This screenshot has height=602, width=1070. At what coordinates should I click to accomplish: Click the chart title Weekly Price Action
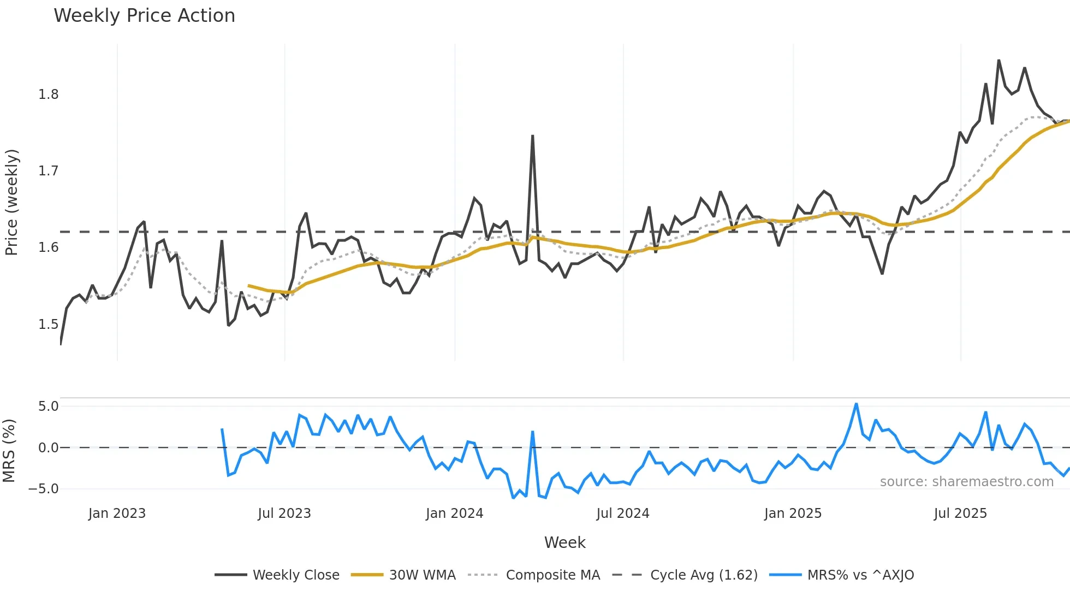pos(144,16)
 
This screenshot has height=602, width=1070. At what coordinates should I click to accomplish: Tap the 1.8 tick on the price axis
pos(48,95)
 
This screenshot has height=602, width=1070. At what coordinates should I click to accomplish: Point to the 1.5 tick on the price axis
pos(48,324)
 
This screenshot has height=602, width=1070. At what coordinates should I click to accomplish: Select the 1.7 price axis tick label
pos(48,171)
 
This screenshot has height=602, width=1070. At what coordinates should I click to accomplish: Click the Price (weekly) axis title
pos(11,202)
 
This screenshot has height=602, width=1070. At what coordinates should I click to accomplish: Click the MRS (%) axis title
pos(9,451)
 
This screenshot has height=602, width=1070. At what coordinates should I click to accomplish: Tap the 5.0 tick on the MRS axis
pos(48,406)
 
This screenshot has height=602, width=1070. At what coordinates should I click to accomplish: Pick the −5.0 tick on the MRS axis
pos(44,489)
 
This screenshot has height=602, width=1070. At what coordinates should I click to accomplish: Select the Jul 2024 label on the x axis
pos(623,514)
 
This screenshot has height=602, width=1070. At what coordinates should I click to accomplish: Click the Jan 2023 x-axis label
pos(117,514)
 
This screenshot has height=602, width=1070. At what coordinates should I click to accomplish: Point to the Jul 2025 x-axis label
pos(960,514)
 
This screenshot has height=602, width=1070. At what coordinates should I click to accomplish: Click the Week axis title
pos(564,542)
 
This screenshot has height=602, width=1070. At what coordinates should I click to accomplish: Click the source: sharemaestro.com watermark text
pos(966,482)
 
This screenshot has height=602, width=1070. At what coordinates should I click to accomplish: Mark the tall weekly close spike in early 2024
pos(532,136)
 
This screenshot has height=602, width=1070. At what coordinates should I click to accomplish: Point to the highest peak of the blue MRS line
pos(856,404)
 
